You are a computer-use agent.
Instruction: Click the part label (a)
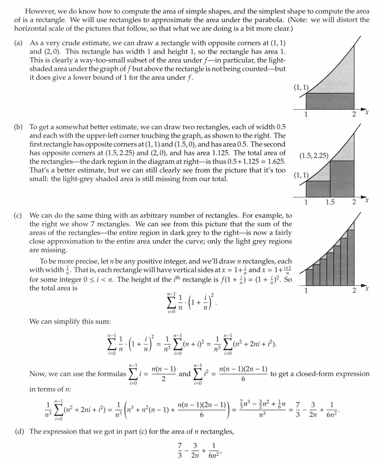(18, 43)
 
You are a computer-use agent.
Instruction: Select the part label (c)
(18, 215)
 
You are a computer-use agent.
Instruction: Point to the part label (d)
(18, 431)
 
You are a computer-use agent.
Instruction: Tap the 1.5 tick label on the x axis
(330, 202)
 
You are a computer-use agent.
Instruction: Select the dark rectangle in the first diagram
(330, 101)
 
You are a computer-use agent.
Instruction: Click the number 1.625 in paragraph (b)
(274, 161)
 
